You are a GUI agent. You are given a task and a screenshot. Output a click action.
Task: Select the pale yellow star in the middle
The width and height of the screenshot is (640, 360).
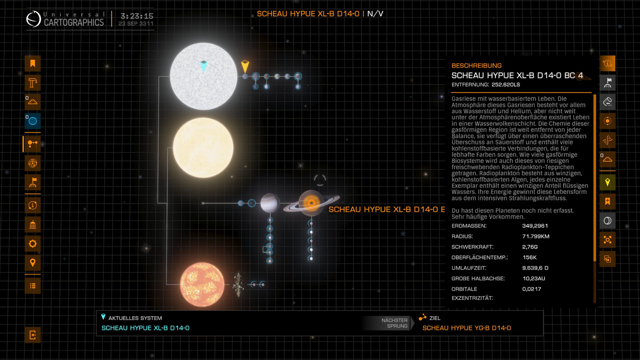click(203, 148)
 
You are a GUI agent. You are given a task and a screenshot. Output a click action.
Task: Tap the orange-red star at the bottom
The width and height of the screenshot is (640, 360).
click(202, 284)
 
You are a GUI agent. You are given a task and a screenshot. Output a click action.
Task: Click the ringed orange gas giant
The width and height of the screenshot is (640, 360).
click(311, 202)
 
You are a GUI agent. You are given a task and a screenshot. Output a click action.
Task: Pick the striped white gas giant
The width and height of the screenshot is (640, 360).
click(270, 203)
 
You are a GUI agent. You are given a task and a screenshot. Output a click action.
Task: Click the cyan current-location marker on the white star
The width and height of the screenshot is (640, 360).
click(203, 65)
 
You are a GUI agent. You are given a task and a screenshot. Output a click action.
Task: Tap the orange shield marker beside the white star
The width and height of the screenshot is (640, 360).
click(244, 66)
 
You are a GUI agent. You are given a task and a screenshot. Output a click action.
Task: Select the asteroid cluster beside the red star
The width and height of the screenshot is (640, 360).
click(238, 284)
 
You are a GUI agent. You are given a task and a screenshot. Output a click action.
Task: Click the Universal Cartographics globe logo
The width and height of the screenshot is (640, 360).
click(34, 19)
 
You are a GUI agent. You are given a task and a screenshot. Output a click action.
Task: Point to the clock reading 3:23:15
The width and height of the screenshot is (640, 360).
click(136, 16)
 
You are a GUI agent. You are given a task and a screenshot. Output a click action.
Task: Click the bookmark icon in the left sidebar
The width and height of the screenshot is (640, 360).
click(32, 63)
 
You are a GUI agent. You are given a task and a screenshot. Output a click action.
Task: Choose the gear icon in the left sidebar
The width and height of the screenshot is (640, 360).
click(32, 243)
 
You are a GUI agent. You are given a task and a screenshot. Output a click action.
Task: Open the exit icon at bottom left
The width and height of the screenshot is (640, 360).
click(32, 335)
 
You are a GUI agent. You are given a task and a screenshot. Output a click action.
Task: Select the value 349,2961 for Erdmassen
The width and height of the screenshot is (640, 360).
click(535, 226)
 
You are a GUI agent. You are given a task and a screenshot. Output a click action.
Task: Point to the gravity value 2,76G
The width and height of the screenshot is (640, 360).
click(530, 247)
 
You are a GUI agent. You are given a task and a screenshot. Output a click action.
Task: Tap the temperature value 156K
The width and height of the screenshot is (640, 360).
click(529, 257)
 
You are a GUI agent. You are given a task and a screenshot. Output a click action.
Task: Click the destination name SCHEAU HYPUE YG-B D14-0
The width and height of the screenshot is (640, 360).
click(466, 328)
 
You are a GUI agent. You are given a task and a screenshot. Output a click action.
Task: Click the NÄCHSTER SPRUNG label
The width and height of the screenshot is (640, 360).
click(394, 323)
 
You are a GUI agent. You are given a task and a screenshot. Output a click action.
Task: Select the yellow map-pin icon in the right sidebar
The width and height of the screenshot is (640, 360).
click(607, 182)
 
